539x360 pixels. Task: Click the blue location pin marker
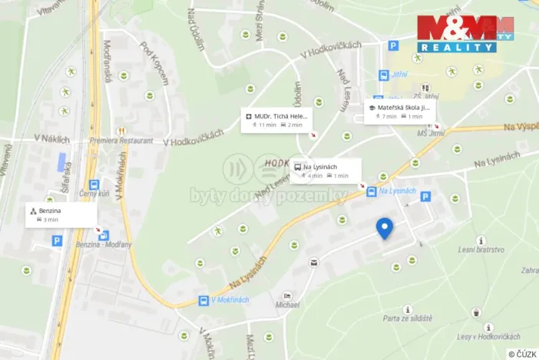click(x=385, y=228)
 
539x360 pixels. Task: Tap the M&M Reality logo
click(x=465, y=34)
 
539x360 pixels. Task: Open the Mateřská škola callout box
click(x=400, y=112)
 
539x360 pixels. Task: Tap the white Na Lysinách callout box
click(x=326, y=171)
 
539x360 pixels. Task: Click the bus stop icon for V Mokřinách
click(x=203, y=300)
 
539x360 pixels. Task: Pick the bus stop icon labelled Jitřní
click(x=383, y=75)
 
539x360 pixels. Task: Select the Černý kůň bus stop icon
click(x=94, y=185)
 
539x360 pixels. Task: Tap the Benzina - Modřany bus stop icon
click(x=104, y=235)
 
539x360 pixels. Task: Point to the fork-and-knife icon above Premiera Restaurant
click(x=120, y=131)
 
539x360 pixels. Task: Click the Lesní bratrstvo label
click(x=481, y=249)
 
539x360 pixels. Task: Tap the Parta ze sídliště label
click(x=408, y=318)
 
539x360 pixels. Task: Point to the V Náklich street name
click(x=51, y=139)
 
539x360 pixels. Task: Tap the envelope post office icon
click(x=313, y=263)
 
